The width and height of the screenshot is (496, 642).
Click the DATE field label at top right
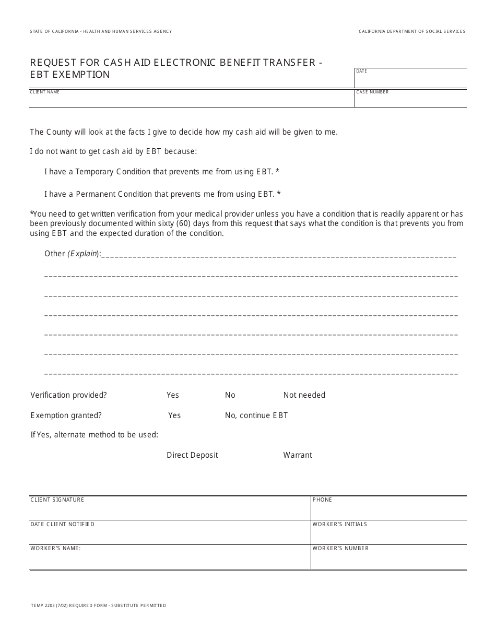[361, 71]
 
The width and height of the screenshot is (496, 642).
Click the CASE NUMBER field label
[372, 92]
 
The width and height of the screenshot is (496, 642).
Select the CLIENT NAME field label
[45, 92]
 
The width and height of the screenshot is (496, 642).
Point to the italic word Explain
[82, 254]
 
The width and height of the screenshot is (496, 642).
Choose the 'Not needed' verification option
[304, 395]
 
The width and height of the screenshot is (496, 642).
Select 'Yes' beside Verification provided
[173, 395]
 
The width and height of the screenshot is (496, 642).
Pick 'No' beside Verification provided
[230, 395]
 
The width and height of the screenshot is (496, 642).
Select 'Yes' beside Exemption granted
[174, 415]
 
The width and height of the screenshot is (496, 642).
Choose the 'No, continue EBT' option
[256, 415]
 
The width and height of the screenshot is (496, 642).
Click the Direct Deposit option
[192, 455]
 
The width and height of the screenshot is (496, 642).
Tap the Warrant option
[298, 455]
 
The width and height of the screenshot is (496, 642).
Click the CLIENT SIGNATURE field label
[57, 500]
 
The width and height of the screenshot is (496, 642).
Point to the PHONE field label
[322, 500]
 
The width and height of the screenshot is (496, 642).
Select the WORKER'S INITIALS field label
[340, 524]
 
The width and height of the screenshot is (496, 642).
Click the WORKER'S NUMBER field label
[340, 549]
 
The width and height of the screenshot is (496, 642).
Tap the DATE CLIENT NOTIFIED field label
[62, 524]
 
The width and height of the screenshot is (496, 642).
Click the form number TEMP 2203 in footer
[44, 605]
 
